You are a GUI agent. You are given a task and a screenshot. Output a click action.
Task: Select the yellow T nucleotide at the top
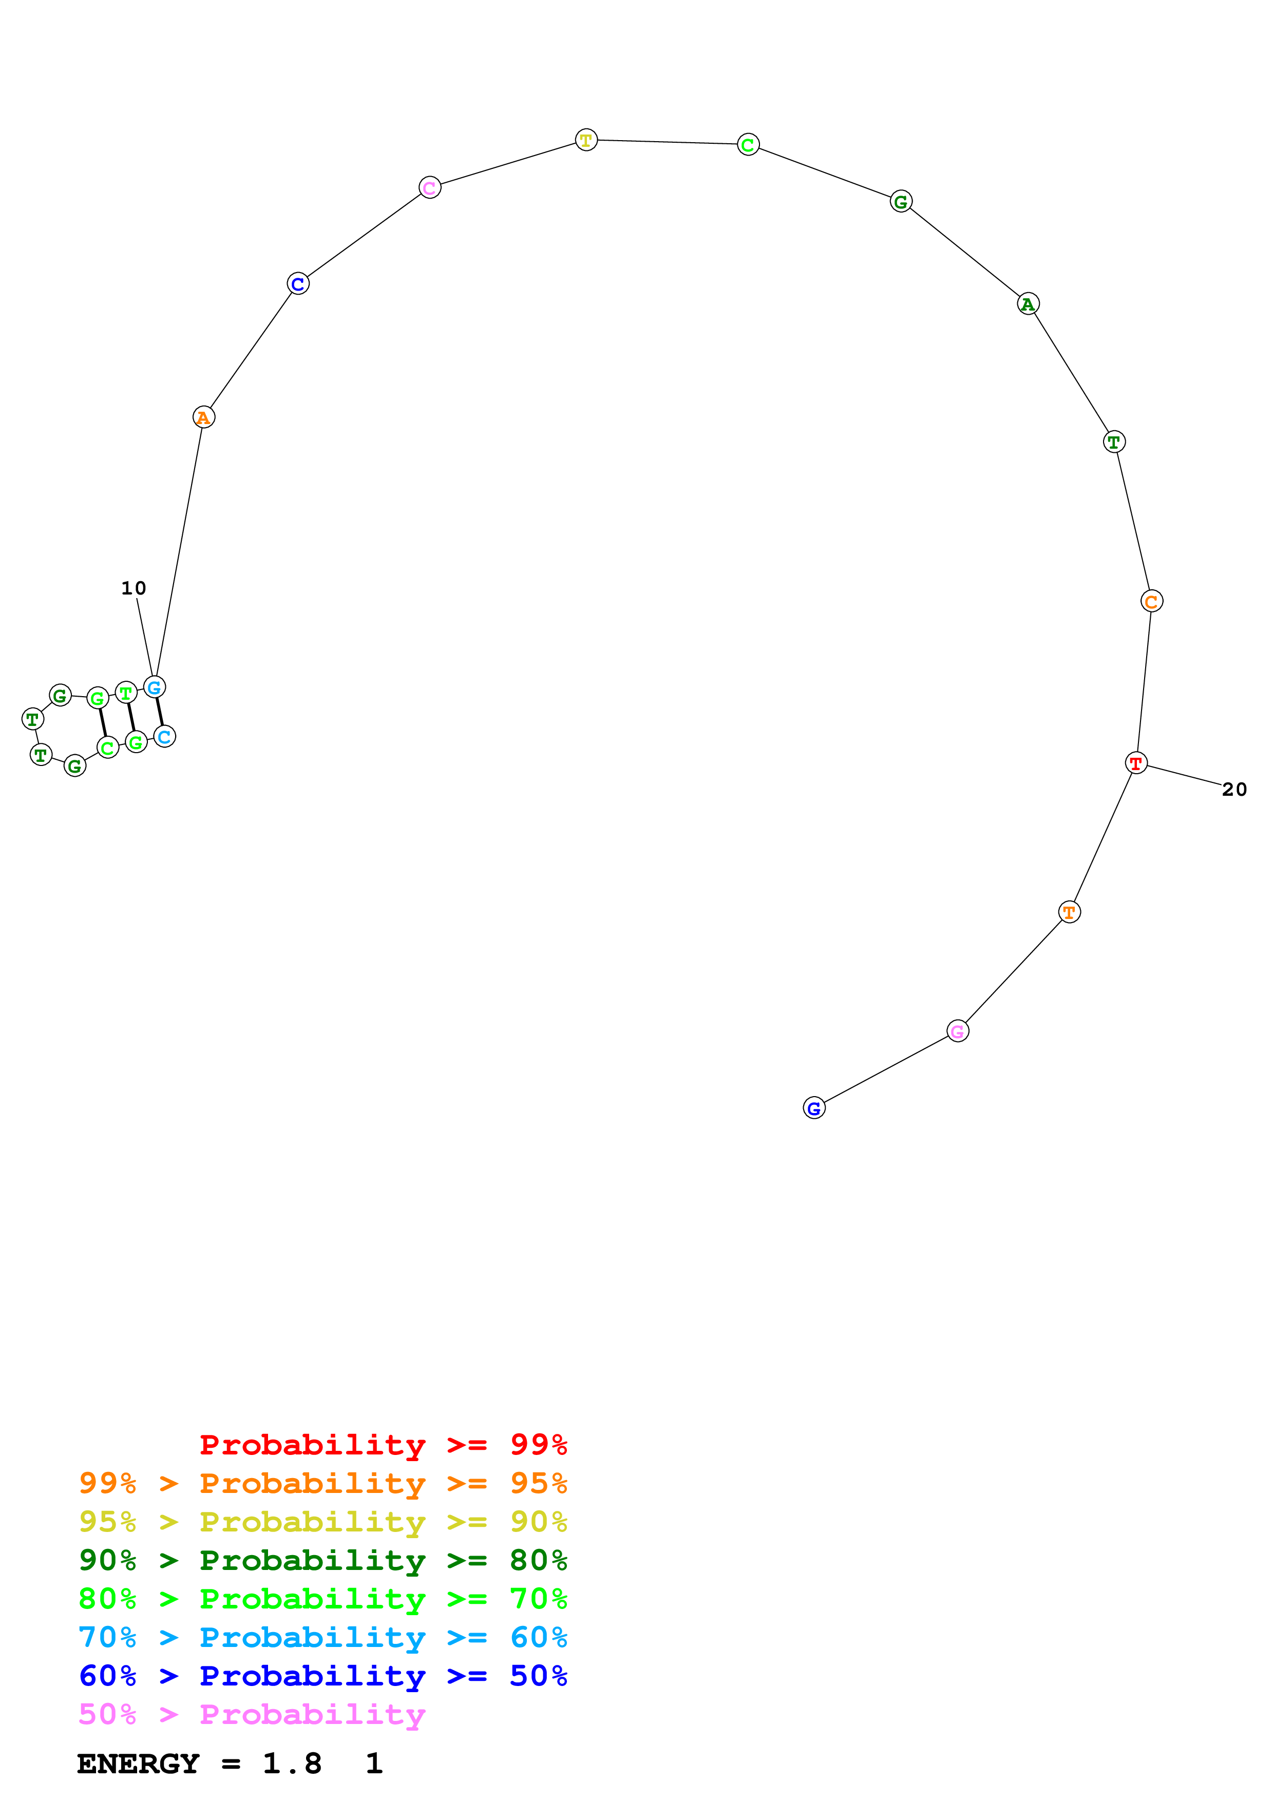(x=586, y=140)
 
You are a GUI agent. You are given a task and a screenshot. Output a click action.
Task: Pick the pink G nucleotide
(x=957, y=1031)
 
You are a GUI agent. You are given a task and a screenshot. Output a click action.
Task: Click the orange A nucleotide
(x=203, y=417)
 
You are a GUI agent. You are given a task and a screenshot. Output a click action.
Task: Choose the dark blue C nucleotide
(x=298, y=284)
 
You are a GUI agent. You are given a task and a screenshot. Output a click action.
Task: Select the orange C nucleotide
(x=1151, y=602)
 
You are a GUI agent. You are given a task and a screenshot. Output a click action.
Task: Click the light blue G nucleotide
(x=155, y=687)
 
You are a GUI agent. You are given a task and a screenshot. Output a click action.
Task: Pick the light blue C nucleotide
(x=164, y=737)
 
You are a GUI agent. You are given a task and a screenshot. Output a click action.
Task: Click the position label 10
(x=134, y=588)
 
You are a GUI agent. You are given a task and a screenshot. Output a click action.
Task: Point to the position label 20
(x=1234, y=789)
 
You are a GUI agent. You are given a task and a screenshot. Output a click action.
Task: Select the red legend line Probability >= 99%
(x=383, y=1445)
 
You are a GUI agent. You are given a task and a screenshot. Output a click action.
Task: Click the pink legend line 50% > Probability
(x=251, y=1715)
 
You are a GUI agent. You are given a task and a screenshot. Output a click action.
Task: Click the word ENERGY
(x=138, y=1764)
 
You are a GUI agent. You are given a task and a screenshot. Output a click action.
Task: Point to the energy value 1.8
(x=292, y=1764)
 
